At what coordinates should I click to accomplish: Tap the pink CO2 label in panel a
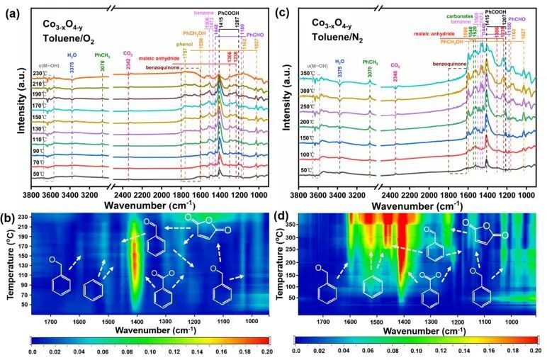128,52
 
